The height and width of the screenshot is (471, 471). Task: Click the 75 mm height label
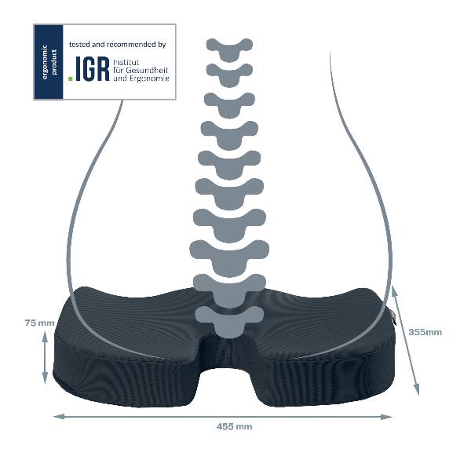[x=39, y=323]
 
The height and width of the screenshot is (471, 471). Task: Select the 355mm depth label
[x=425, y=331]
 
